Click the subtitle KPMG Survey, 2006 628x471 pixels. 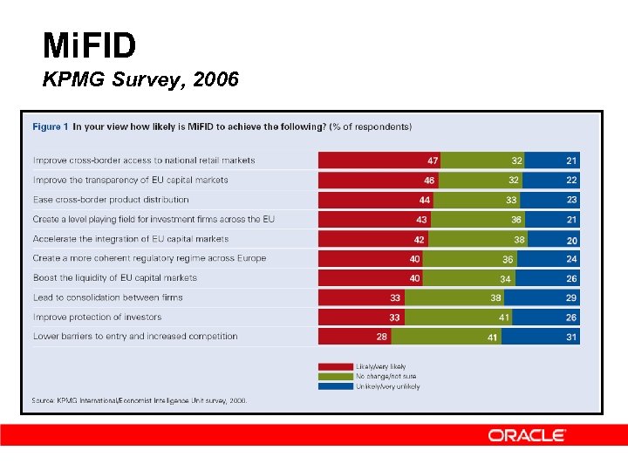[140, 81]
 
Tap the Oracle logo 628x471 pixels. [527, 435]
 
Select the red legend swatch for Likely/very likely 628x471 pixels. [335, 366]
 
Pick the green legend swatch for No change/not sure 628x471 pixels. [335, 376]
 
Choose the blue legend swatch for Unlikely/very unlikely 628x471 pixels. [335, 386]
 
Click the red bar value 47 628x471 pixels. [433, 160]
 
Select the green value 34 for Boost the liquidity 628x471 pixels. [505, 278]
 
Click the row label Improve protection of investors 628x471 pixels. [98, 317]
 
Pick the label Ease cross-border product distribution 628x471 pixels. [111, 200]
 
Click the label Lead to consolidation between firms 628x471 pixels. [108, 297]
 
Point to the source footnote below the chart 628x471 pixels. [140, 400]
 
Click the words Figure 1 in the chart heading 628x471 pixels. [50, 127]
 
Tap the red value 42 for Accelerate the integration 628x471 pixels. [420, 239]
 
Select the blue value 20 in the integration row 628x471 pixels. [571, 240]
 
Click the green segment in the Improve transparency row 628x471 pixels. [482, 180]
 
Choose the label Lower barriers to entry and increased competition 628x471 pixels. [135, 337]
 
